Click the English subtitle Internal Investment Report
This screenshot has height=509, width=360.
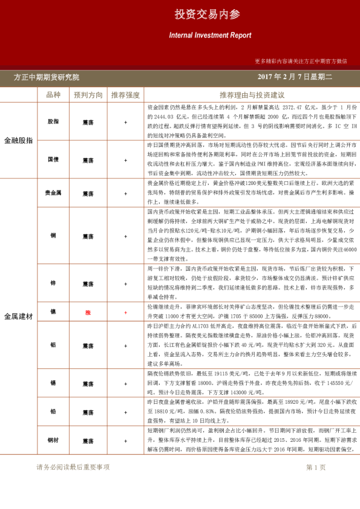point(210,36)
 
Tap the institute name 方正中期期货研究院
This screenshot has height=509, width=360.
point(47,77)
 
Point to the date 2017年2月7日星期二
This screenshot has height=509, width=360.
point(295,77)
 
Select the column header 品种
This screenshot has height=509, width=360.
point(53,95)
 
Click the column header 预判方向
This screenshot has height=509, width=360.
point(88,95)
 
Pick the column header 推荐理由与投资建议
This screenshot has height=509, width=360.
point(252,95)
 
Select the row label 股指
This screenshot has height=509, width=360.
point(53,122)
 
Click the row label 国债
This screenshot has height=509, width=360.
point(53,160)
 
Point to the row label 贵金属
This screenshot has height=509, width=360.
point(53,193)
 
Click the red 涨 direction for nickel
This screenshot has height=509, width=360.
point(88,312)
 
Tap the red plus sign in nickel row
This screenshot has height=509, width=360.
point(125,312)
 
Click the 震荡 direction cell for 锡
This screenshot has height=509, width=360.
point(88,383)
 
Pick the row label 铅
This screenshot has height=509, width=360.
point(53,412)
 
